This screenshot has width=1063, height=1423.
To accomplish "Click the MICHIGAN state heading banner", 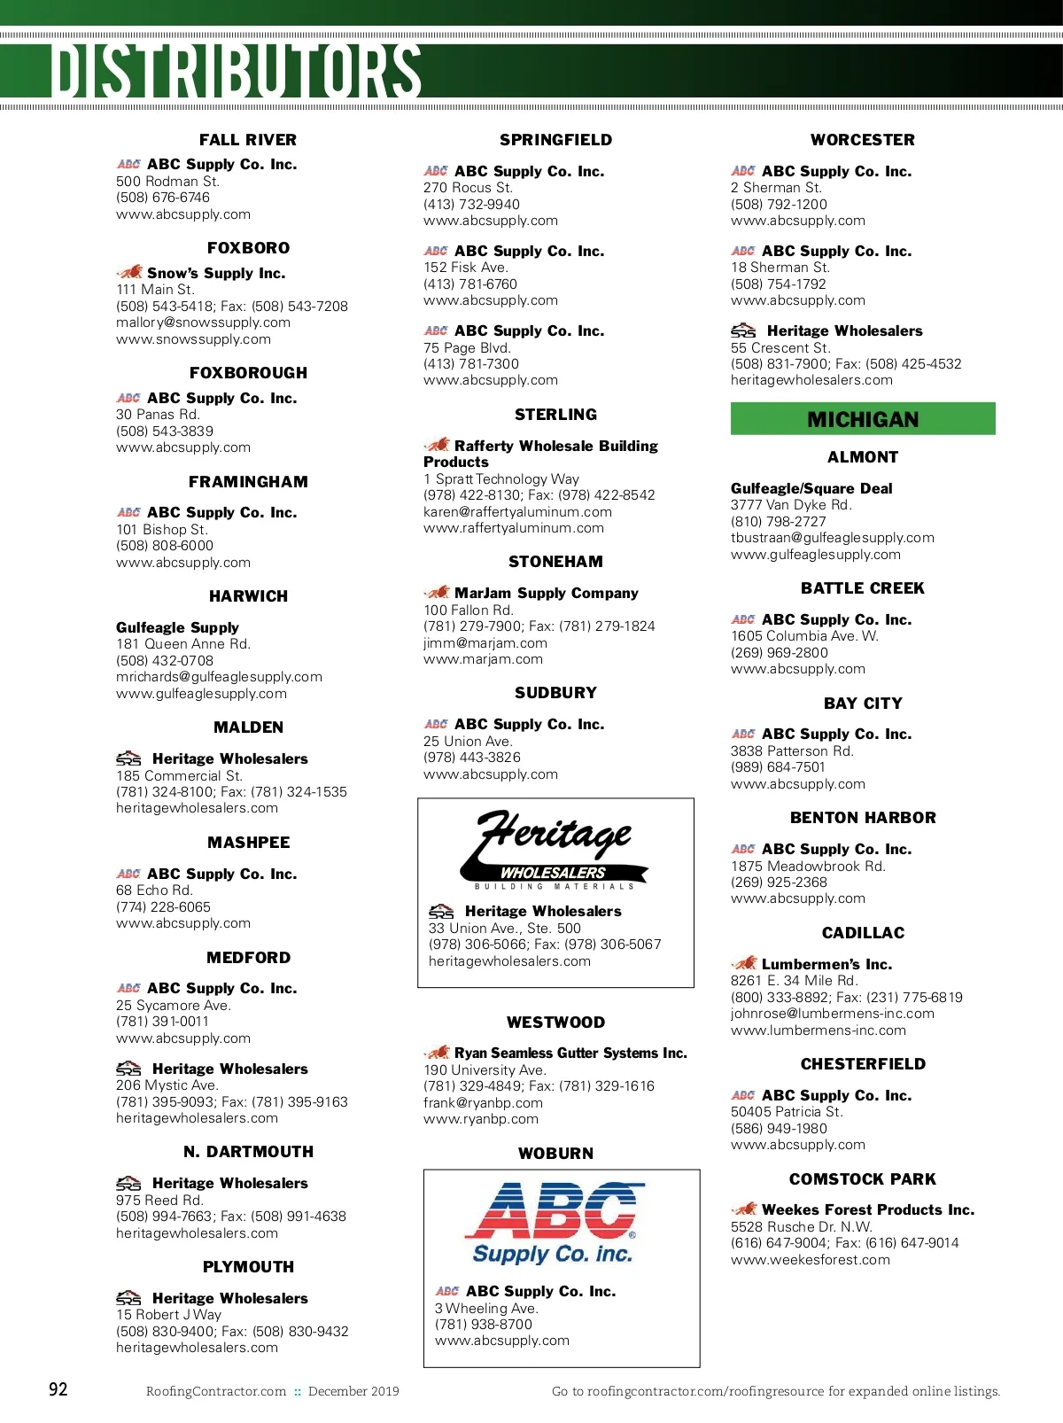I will coord(863,419).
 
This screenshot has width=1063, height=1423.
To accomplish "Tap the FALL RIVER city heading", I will coord(248,140).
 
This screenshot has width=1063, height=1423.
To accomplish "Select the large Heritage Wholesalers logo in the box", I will coord(555,849).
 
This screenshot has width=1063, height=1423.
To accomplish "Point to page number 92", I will coord(58,1388).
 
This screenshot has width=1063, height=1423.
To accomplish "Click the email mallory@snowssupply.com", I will coord(203,323).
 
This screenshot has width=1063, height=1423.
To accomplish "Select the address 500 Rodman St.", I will coord(167,182).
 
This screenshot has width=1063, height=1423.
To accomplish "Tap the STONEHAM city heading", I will coord(555,562).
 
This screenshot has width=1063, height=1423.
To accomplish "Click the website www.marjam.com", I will coord(483,659).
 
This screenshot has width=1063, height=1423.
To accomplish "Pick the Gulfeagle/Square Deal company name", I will coord(811,488).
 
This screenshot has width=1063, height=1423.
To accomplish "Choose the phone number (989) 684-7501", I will coord(778,767).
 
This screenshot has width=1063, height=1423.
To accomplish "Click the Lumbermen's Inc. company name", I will coord(826,964).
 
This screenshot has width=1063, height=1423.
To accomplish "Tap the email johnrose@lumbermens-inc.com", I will coord(833,1014).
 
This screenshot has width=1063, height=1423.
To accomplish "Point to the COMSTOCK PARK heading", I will coord(863,1179).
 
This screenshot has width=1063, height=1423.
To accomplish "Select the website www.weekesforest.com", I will coord(811,1260).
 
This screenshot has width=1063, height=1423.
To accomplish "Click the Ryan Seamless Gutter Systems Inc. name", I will coord(570,1054).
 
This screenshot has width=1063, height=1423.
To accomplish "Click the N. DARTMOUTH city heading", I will coord(248,1152).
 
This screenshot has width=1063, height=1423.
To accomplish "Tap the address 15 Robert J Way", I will coord(168,1315).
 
